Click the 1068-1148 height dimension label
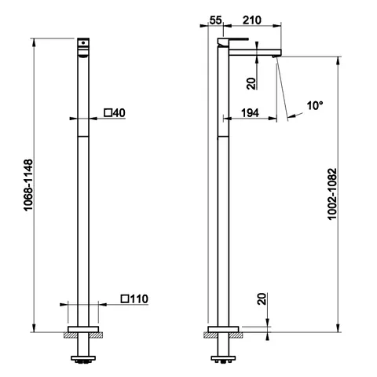28,185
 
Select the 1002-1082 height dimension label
332,194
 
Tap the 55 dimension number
216,20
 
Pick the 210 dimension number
252,20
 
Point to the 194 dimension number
250,113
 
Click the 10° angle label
315,106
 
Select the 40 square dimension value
119,113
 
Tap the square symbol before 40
108,113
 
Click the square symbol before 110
125,298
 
